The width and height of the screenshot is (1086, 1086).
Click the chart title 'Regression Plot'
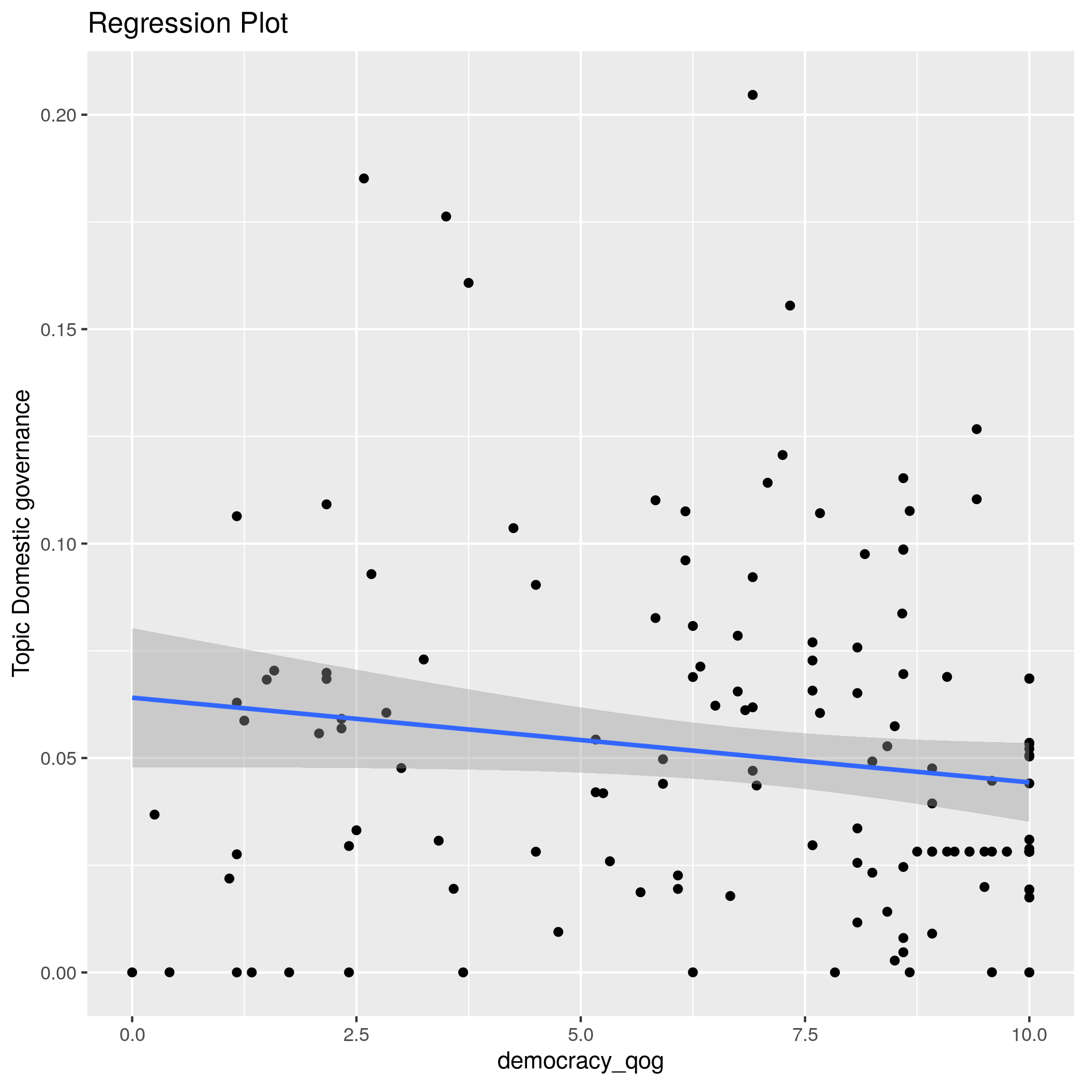[x=188, y=24]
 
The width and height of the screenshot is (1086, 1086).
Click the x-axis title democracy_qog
[x=580, y=1061]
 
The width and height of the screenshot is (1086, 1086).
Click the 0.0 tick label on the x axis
[x=132, y=1035]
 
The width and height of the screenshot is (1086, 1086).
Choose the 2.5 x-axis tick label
[x=356, y=1035]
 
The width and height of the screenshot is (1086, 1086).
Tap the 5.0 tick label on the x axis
[x=580, y=1035]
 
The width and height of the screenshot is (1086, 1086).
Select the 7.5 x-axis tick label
[x=805, y=1035]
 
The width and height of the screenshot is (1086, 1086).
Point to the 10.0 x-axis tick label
[x=1029, y=1035]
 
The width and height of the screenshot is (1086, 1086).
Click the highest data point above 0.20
[x=752, y=95]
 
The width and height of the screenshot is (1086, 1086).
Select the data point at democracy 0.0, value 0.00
[x=132, y=972]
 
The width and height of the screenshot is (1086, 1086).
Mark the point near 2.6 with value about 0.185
[x=364, y=179]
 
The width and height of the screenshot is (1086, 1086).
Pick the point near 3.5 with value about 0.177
[x=446, y=216]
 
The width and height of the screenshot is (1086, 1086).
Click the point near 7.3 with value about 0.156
[x=790, y=306]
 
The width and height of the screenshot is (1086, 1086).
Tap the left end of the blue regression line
[x=133, y=698]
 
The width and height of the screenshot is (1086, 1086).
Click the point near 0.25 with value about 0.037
[x=155, y=814]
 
